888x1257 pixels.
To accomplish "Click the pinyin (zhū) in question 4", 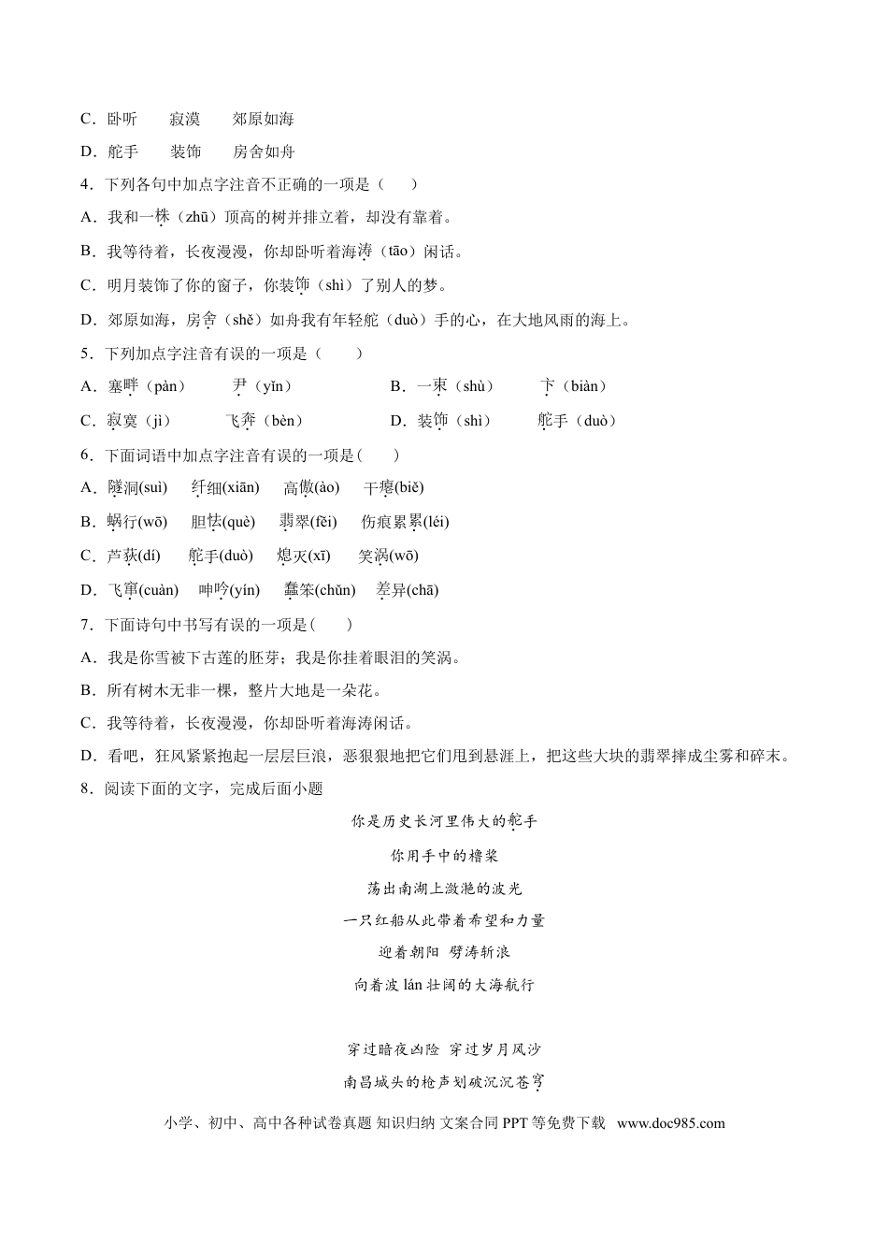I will pos(195,218).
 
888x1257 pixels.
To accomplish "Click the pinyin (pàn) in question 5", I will pos(167,386).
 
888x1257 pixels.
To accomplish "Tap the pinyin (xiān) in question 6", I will pos(241,487).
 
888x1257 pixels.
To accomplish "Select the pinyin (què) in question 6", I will pos(237,522).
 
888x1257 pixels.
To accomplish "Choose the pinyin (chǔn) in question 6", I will pos(335,590).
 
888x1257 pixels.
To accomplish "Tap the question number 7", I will pos(85,625).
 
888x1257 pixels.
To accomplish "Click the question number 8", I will pos(85,788).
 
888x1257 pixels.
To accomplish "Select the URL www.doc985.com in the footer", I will pos(670,1123).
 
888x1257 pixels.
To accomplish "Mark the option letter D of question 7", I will pos(88,756).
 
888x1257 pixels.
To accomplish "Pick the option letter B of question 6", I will pos(88,522).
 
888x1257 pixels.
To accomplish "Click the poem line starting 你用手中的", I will pos(444,856).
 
